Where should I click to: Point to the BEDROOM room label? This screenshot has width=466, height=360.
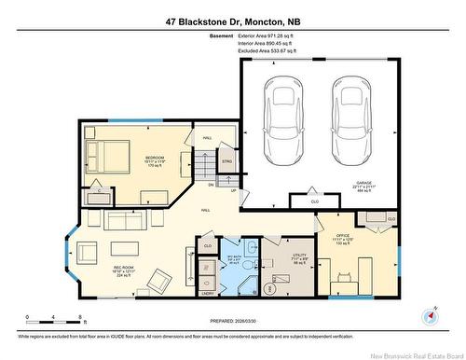point(155,158)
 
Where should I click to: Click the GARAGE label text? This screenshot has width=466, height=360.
point(364,183)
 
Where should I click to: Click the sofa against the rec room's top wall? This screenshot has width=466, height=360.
point(123,221)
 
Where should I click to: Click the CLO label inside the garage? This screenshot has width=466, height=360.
point(313,201)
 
